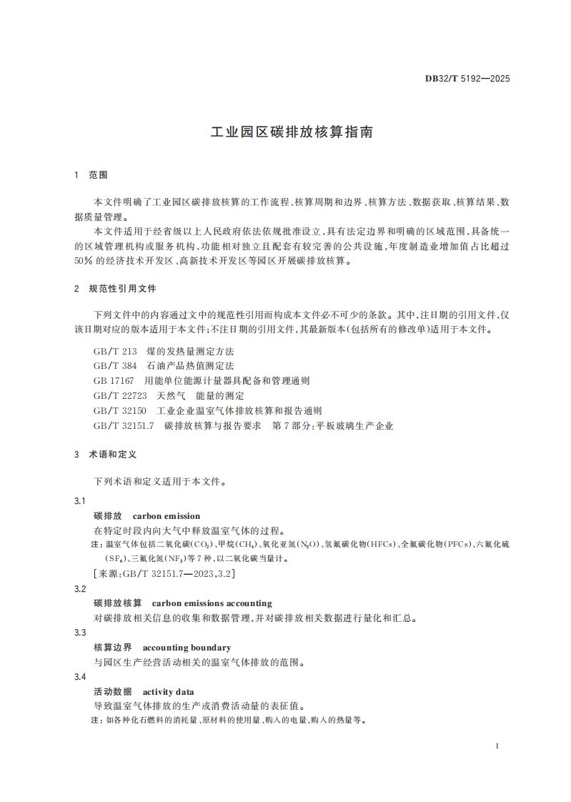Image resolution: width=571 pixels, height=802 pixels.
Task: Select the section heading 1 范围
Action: (91, 175)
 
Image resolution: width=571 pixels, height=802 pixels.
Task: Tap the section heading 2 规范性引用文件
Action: (115, 289)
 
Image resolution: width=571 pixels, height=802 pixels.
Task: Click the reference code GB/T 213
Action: (114, 352)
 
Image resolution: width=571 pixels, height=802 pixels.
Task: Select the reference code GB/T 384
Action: (114, 366)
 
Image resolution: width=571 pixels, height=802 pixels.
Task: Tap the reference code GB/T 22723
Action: (120, 395)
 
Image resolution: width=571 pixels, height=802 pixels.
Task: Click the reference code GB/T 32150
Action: (120, 410)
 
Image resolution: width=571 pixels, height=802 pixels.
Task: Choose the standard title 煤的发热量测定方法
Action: (190, 352)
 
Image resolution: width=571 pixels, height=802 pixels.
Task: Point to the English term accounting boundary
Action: (187, 648)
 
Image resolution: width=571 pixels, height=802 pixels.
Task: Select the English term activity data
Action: (168, 692)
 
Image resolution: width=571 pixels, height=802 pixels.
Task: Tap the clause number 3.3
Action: (80, 633)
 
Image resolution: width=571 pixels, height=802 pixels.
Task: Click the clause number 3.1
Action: (80, 500)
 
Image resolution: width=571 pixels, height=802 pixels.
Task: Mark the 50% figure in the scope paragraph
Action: (84, 262)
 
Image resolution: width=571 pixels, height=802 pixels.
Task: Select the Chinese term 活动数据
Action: (113, 692)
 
